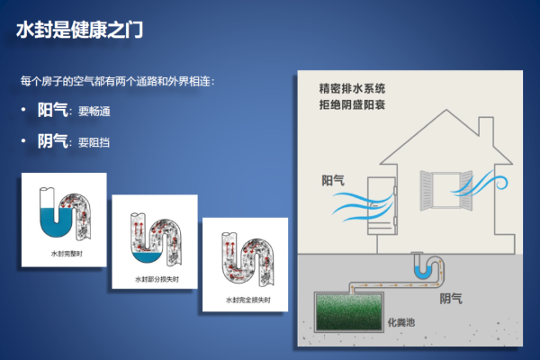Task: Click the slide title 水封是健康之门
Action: (80, 29)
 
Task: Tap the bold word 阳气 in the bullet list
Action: (51, 110)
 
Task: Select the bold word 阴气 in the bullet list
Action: (51, 140)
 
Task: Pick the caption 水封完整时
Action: (62, 255)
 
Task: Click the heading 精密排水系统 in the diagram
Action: (352, 89)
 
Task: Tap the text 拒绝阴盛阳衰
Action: (352, 105)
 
